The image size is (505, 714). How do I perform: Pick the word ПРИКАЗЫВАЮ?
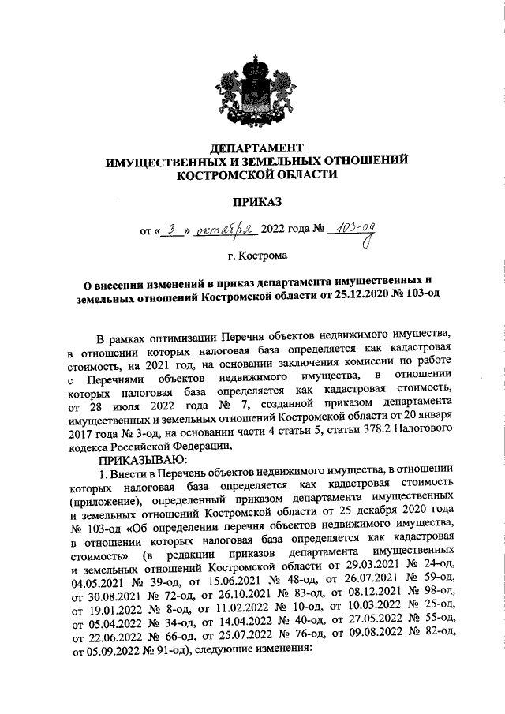(x=141, y=458)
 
